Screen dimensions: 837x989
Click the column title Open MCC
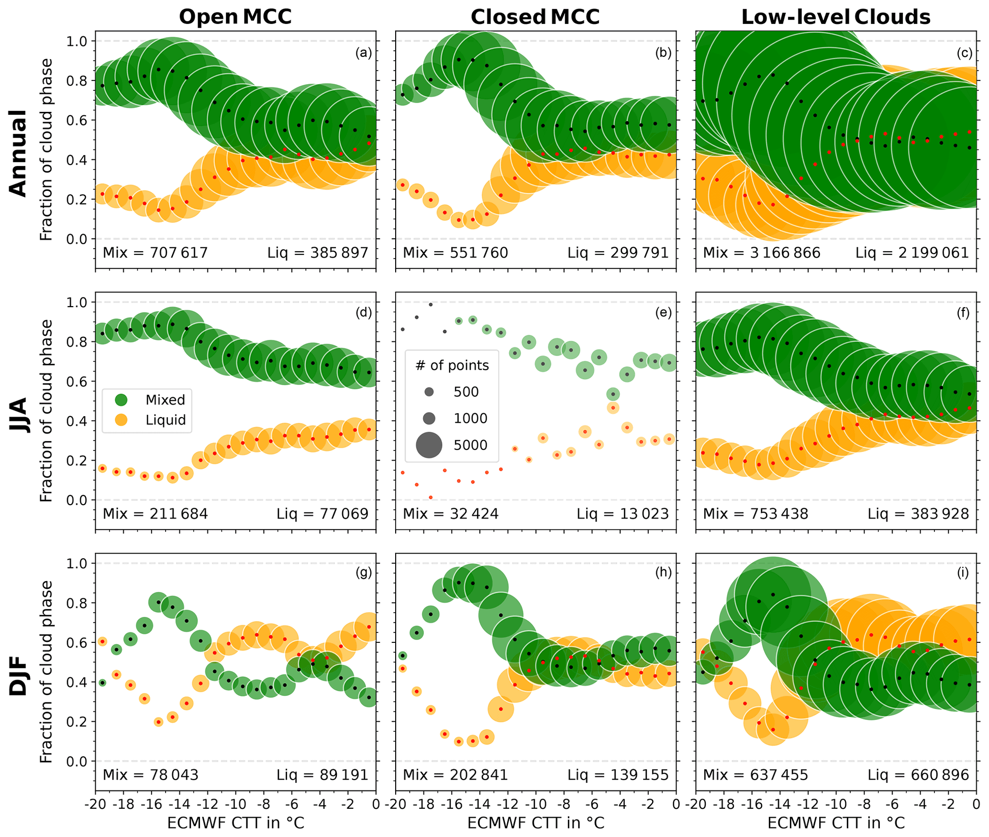click(x=235, y=17)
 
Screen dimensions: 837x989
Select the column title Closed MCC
click(x=535, y=17)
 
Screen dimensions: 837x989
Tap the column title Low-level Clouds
click(x=835, y=17)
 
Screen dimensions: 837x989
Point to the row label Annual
click(x=18, y=153)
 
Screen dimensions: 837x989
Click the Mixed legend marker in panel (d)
click(x=122, y=400)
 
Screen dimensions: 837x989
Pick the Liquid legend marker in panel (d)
click(x=122, y=420)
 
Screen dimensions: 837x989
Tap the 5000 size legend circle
click(x=429, y=445)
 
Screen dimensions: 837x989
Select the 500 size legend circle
click(x=429, y=392)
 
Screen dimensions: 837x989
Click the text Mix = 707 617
click(x=155, y=253)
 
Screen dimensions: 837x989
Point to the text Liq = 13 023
click(x=622, y=514)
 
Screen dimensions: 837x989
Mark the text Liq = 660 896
click(x=919, y=775)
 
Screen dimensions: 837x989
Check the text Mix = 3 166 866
click(x=761, y=253)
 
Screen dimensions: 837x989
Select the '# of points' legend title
click(x=452, y=365)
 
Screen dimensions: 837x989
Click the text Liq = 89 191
click(x=322, y=775)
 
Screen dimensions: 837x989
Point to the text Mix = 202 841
click(x=455, y=775)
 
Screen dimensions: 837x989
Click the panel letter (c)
click(x=964, y=53)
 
